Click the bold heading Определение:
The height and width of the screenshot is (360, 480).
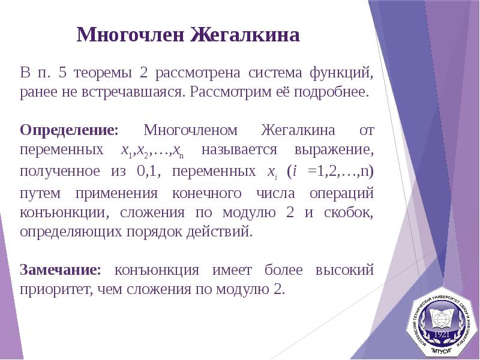pos(70,130)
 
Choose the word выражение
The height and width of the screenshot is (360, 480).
pos(334,149)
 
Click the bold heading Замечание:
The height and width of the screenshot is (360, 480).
pos(61,269)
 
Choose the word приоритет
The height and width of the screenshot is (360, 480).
pos(53,289)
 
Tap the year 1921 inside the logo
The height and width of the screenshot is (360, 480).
pos(442,333)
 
